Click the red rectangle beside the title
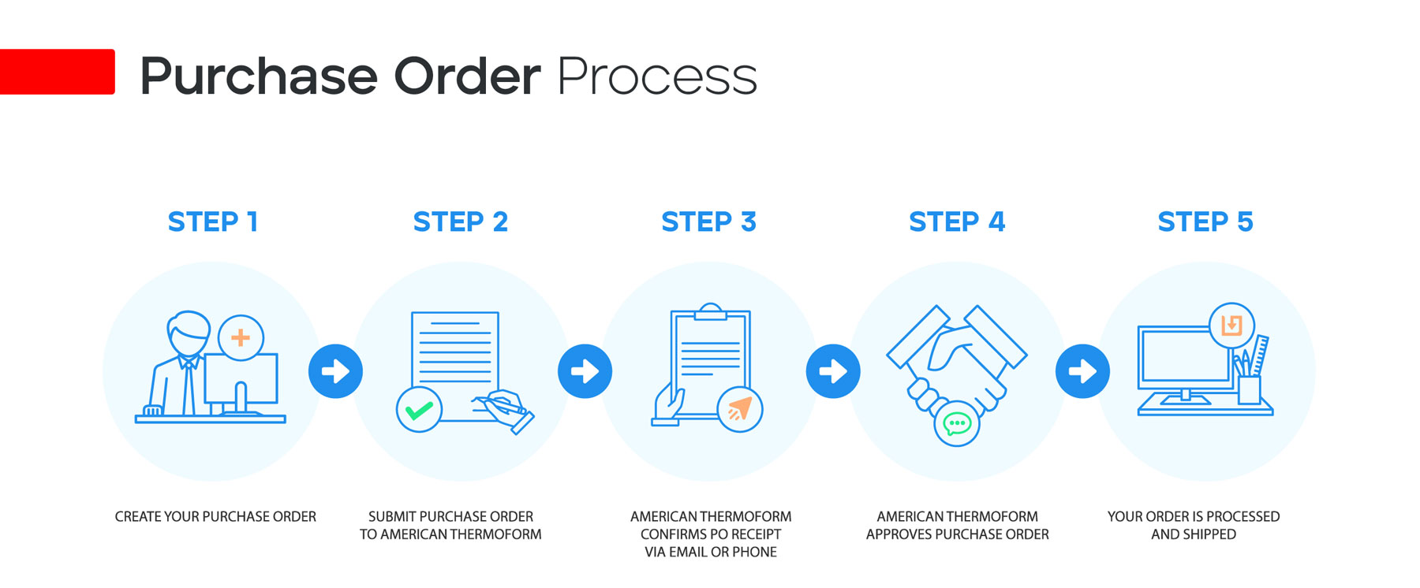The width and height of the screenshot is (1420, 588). pyautogui.click(x=57, y=72)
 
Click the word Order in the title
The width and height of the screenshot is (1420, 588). pyautogui.click(x=467, y=76)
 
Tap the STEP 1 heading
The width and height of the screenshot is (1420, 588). pyautogui.click(x=213, y=222)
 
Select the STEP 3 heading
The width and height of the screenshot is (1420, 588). pyautogui.click(x=708, y=222)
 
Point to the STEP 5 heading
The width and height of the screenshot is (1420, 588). pyautogui.click(x=1205, y=222)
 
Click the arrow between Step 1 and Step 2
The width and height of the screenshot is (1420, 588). pyautogui.click(x=335, y=371)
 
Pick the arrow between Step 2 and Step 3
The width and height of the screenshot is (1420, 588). pyautogui.click(x=585, y=371)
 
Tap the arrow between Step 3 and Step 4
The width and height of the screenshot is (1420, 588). pyautogui.click(x=833, y=371)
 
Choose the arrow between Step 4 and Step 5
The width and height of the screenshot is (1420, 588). pyautogui.click(x=1082, y=371)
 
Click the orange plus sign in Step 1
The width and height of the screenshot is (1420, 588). pyautogui.click(x=241, y=338)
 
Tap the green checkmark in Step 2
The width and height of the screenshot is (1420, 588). pyautogui.click(x=419, y=410)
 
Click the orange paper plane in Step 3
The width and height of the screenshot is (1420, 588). pyautogui.click(x=740, y=409)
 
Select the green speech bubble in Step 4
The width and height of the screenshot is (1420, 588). pyautogui.click(x=957, y=424)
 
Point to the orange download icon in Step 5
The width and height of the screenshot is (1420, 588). pyautogui.click(x=1231, y=325)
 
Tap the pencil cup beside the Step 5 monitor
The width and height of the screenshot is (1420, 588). pyautogui.click(x=1250, y=389)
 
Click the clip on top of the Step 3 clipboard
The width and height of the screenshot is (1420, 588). pyautogui.click(x=711, y=312)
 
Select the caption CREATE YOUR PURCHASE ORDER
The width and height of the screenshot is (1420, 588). pyautogui.click(x=215, y=517)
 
